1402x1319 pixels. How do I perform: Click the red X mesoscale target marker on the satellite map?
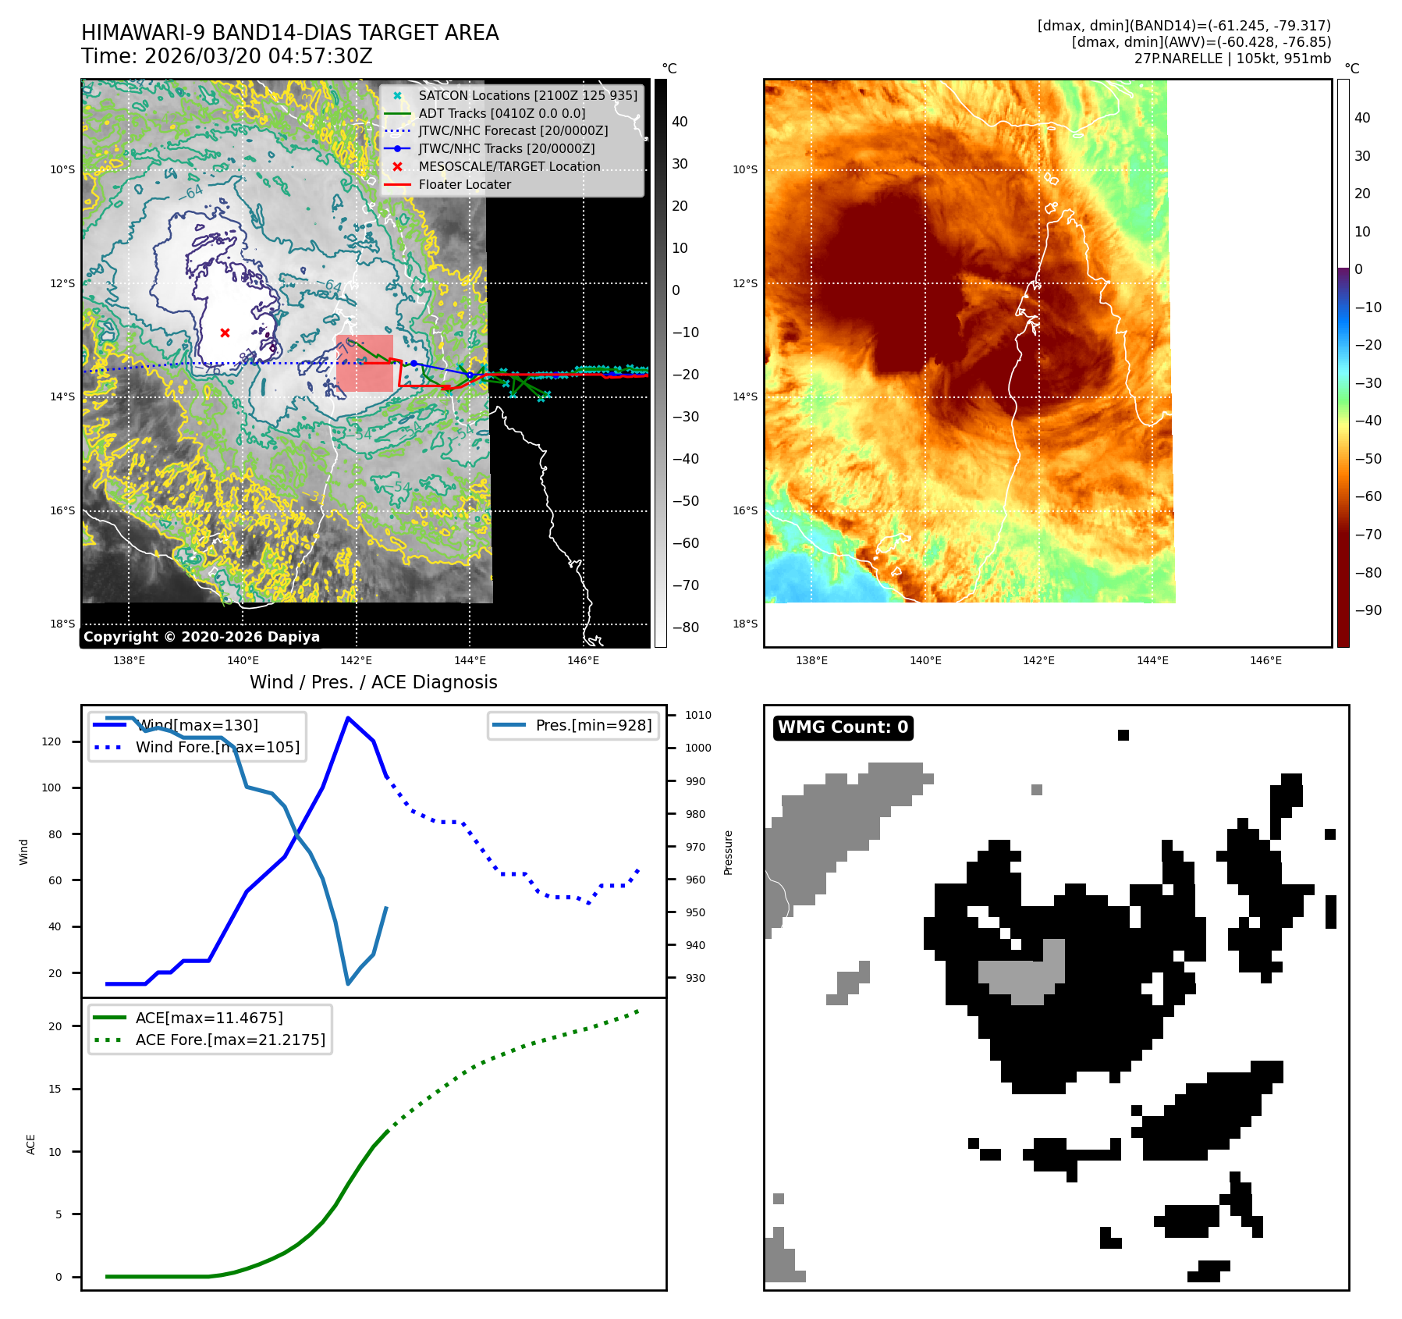pos(225,332)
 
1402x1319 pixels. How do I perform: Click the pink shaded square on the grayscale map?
pos(364,363)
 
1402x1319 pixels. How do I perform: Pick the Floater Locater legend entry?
pos(464,184)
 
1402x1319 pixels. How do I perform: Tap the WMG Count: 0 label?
pos(843,727)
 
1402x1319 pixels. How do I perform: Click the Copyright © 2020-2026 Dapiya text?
pos(201,637)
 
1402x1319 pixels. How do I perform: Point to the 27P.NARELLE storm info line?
pos(1233,59)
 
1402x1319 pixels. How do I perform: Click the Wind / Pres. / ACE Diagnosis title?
pos(373,682)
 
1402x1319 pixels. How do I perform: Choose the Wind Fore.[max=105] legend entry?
pos(217,747)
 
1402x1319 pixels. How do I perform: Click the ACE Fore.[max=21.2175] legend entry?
pos(230,1040)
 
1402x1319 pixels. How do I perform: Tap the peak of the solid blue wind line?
pos(348,718)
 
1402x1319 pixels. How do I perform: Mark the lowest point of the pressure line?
pos(348,983)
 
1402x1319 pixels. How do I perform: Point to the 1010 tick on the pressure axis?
pos(697,715)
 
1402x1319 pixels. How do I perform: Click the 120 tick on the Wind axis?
pos(51,741)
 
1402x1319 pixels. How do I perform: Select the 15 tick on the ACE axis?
pos(55,1089)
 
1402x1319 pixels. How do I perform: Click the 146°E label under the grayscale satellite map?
pos(584,660)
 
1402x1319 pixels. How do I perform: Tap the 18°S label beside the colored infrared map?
pos(744,624)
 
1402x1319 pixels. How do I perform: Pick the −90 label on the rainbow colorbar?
pos(1368,610)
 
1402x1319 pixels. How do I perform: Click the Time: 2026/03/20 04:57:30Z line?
pos(226,56)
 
